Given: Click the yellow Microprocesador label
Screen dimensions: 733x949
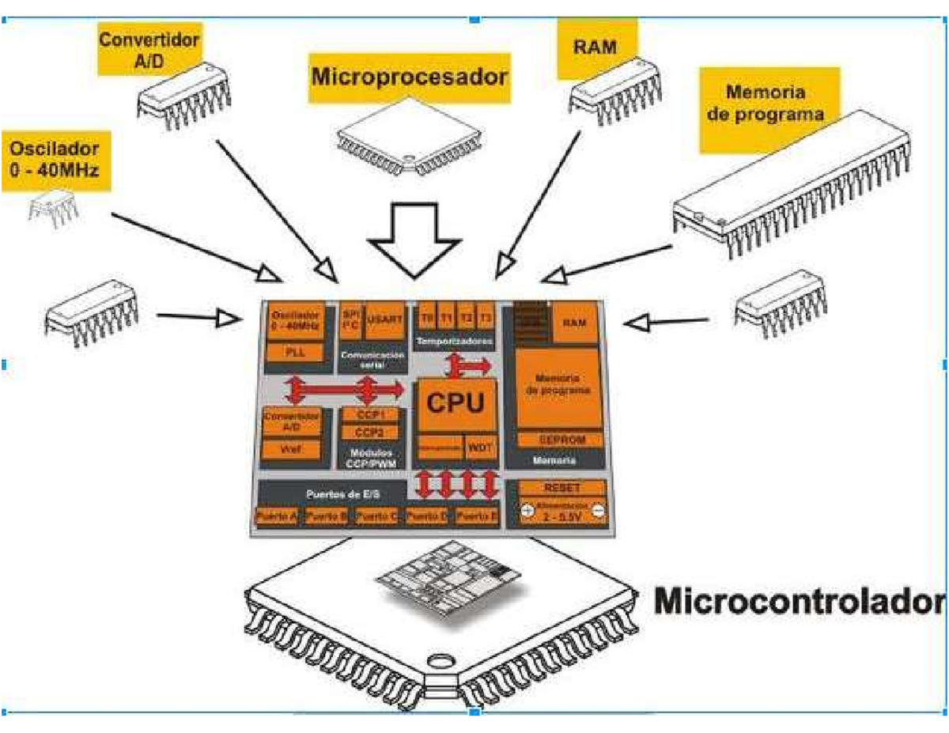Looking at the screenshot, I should [409, 78].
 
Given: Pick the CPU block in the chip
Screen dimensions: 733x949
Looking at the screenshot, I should [456, 403].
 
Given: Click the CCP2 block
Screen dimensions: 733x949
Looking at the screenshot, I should [369, 433].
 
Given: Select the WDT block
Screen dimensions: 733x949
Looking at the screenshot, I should [480, 447].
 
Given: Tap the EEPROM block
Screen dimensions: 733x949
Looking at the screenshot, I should [561, 438].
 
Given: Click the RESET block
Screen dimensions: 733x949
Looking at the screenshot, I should [562, 488].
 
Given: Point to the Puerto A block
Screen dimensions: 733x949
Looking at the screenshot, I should [276, 516].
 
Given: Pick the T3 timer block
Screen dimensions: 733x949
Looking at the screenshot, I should [487, 318].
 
